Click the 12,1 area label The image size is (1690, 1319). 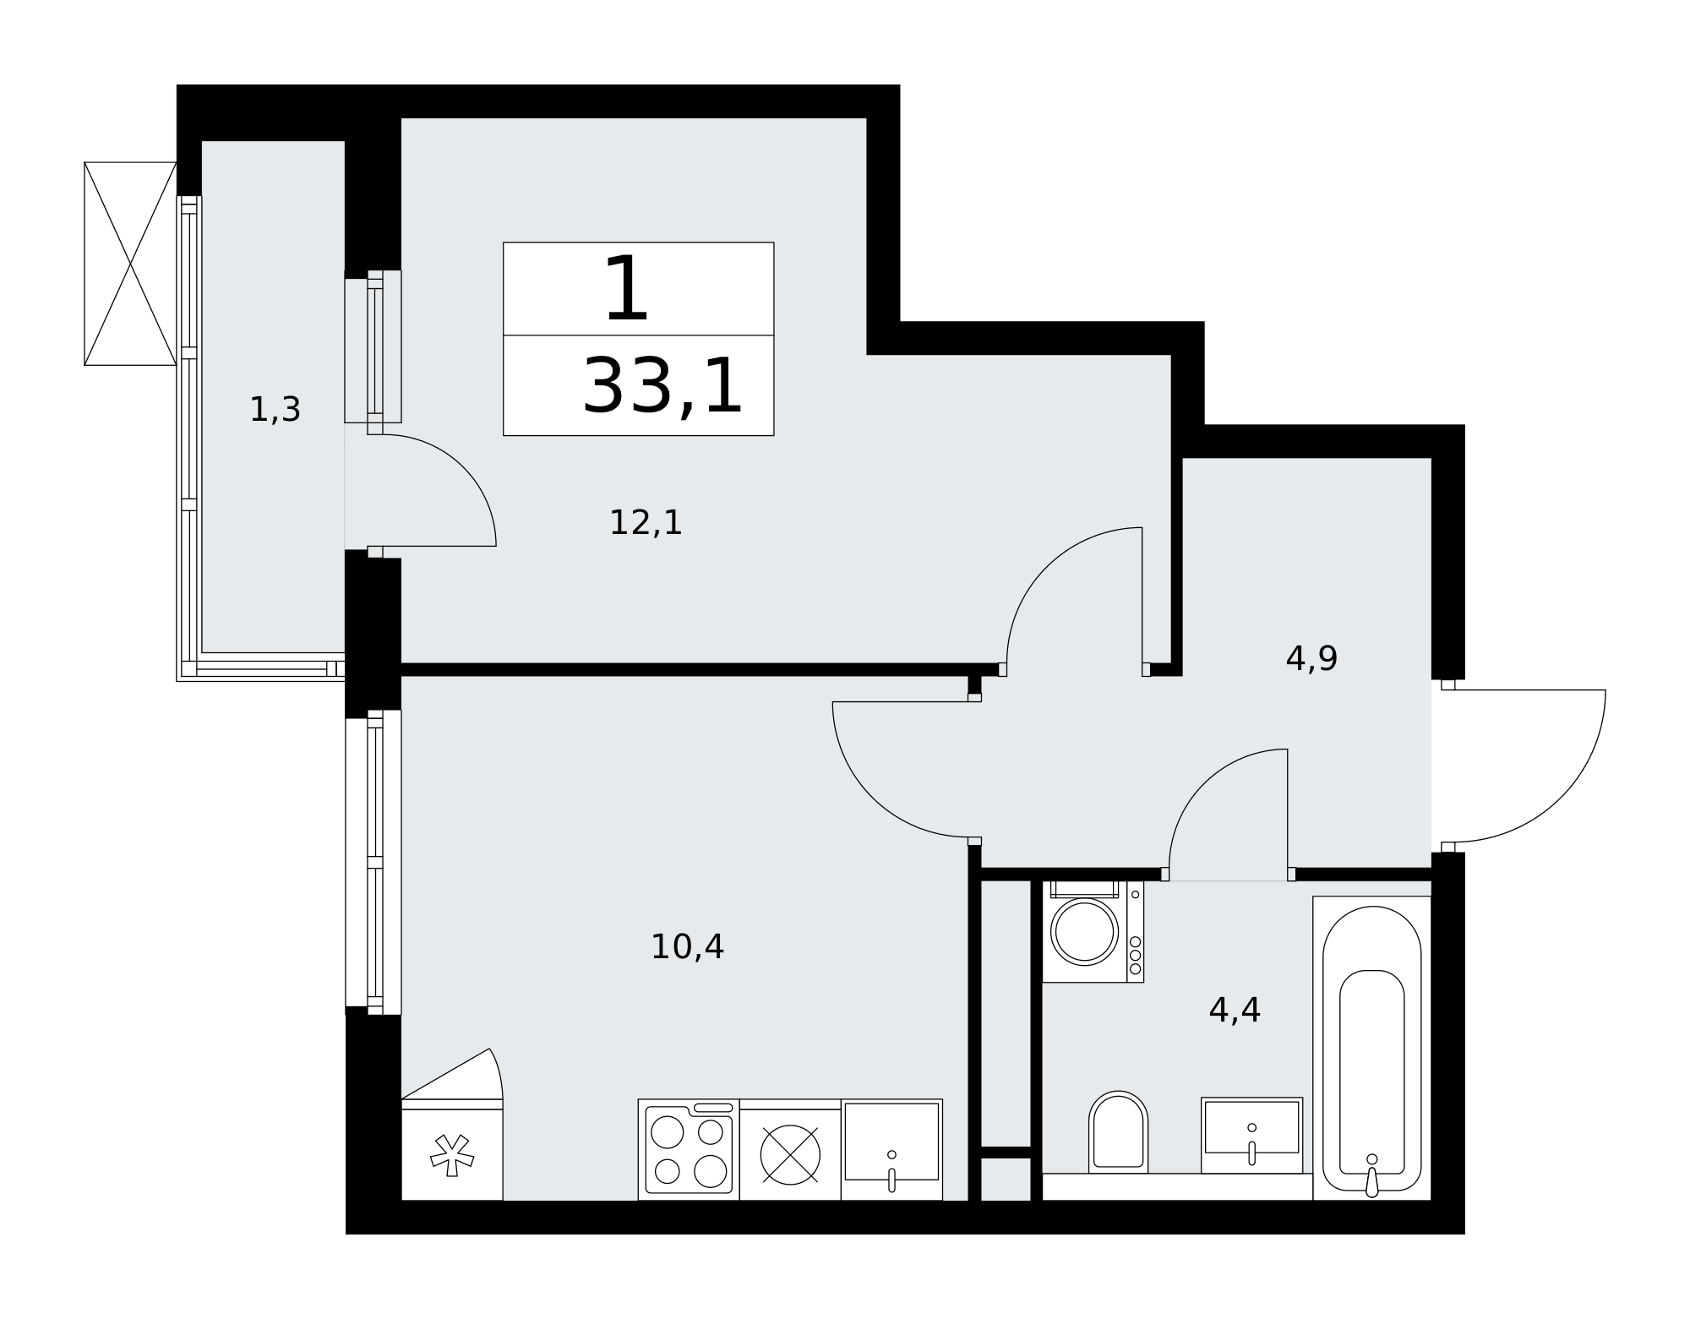(x=646, y=523)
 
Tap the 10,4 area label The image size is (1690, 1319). (x=687, y=947)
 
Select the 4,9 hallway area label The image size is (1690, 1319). (x=1311, y=659)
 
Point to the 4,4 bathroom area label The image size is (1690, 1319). (x=1235, y=1010)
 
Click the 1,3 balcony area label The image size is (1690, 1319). (x=275, y=410)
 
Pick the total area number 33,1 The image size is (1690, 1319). (x=662, y=387)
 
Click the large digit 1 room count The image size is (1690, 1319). (x=627, y=290)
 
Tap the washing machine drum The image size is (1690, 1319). (x=1084, y=931)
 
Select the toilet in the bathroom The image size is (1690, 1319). (x=1118, y=1132)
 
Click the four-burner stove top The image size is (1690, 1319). (x=689, y=1149)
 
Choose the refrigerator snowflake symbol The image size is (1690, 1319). (x=452, y=1156)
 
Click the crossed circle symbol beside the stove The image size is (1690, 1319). (x=790, y=1155)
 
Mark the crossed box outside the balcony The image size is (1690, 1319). (x=130, y=264)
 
